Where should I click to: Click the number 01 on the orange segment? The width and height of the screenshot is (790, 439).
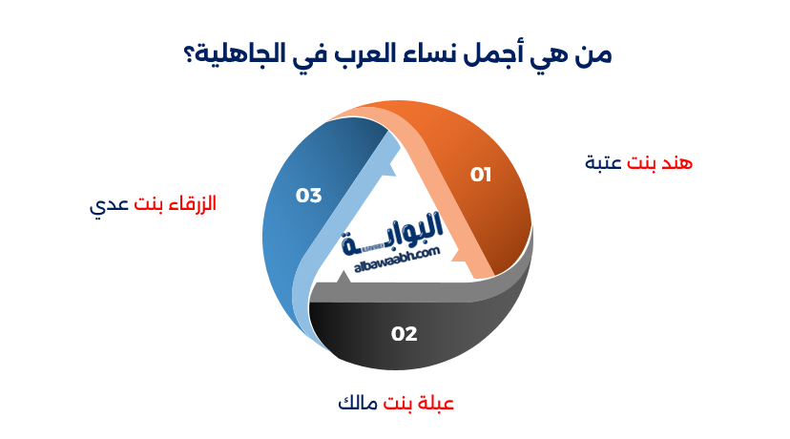click(x=480, y=174)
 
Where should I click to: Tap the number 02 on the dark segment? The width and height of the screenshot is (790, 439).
click(x=405, y=334)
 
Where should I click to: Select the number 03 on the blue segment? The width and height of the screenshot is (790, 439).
click(x=308, y=196)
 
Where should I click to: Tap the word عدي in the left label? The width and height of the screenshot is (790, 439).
click(x=107, y=204)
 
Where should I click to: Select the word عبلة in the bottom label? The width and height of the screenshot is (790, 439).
click(x=433, y=403)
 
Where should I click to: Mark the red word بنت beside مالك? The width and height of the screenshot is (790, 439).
click(x=397, y=403)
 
